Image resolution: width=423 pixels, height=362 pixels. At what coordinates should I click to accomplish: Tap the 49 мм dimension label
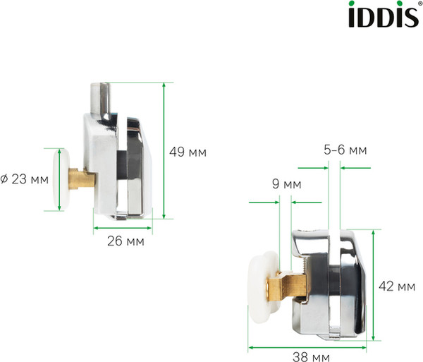tap(189, 151)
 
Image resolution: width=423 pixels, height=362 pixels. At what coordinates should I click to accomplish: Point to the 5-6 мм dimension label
tap(345, 150)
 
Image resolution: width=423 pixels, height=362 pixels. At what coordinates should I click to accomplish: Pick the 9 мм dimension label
tap(286, 185)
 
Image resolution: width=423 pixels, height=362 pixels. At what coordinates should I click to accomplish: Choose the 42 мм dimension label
tap(396, 286)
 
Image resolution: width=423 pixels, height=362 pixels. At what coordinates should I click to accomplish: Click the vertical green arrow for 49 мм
tap(164, 150)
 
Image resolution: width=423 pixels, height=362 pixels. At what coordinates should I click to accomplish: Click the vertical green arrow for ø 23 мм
tap(47, 179)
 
